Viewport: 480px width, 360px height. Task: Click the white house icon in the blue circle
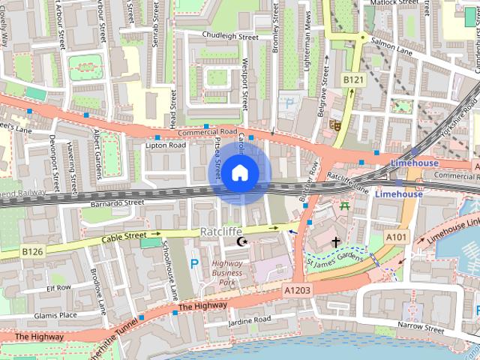(x=239, y=172)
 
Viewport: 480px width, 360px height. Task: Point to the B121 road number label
(x=352, y=79)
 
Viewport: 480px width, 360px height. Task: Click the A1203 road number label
(x=298, y=289)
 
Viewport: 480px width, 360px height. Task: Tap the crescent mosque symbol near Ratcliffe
(x=241, y=241)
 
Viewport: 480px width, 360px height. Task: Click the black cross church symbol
(x=336, y=242)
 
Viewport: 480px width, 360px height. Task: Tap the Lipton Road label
(x=165, y=145)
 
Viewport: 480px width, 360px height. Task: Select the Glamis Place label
(x=57, y=315)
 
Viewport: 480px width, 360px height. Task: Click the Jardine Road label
(x=250, y=320)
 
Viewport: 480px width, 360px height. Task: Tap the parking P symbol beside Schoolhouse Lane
(x=194, y=263)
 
